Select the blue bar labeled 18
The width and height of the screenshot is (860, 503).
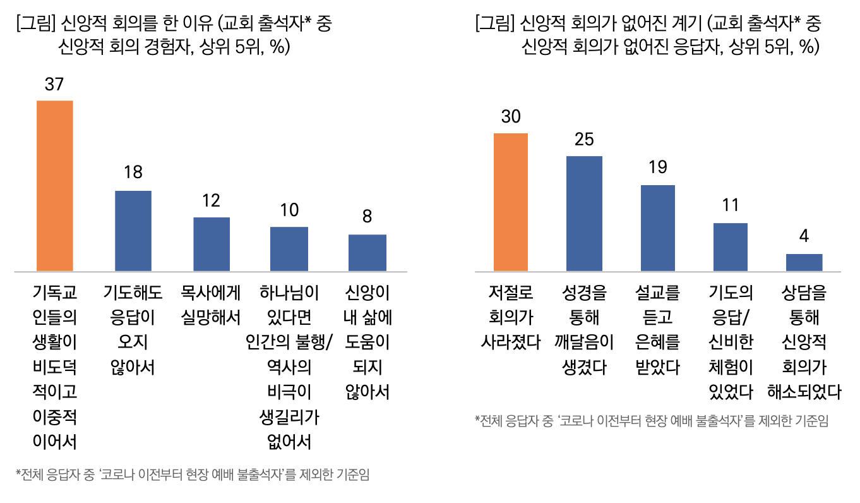(133, 231)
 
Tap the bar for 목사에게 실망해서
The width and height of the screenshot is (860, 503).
(211, 245)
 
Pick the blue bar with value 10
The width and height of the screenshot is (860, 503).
(289, 249)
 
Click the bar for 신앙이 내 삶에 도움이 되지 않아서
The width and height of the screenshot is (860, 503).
(367, 253)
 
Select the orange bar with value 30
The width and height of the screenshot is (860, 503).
(510, 202)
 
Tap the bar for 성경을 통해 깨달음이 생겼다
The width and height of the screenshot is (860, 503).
(584, 214)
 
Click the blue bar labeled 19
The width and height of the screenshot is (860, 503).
(658, 228)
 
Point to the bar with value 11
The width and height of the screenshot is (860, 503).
(731, 247)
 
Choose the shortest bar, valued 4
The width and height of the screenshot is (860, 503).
(804, 262)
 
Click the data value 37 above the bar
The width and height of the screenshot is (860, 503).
(55, 85)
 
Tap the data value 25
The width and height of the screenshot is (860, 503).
(584, 140)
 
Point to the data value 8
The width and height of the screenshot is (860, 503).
(367, 217)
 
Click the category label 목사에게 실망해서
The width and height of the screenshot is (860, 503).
(211, 305)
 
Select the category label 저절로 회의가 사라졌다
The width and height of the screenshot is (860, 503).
(510, 317)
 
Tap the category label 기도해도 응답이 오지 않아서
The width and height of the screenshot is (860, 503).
(133, 329)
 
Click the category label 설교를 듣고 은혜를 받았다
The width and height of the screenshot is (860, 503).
(658, 329)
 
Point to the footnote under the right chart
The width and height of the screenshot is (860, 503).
(650, 421)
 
